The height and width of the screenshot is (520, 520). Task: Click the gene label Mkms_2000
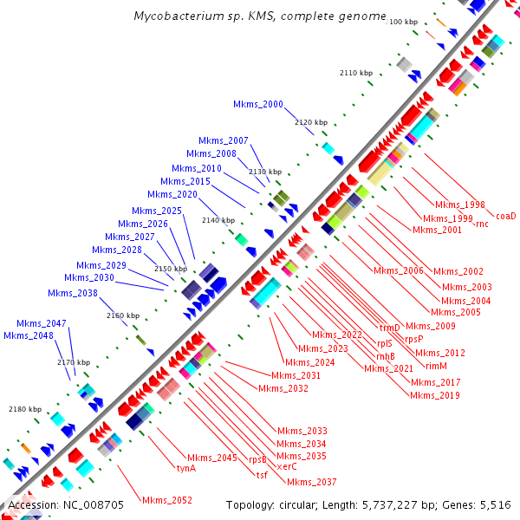pyautogui.click(x=258, y=105)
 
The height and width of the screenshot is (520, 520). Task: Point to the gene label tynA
pyautogui.click(x=186, y=468)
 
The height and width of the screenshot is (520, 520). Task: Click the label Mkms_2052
pyautogui.click(x=167, y=501)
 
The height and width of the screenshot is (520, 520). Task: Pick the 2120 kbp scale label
pyautogui.click(x=311, y=123)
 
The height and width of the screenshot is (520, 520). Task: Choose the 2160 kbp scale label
pyautogui.click(x=123, y=316)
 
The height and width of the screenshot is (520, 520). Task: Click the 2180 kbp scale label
pyautogui.click(x=25, y=409)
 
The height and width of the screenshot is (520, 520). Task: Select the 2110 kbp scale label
pyautogui.click(x=356, y=74)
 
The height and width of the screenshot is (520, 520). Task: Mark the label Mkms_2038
pyautogui.click(x=73, y=293)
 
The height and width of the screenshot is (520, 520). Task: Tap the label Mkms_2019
pyautogui.click(x=435, y=395)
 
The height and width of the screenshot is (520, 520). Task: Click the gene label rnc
pyautogui.click(x=482, y=224)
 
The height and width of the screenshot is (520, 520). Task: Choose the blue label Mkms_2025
pyautogui.click(x=157, y=211)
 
